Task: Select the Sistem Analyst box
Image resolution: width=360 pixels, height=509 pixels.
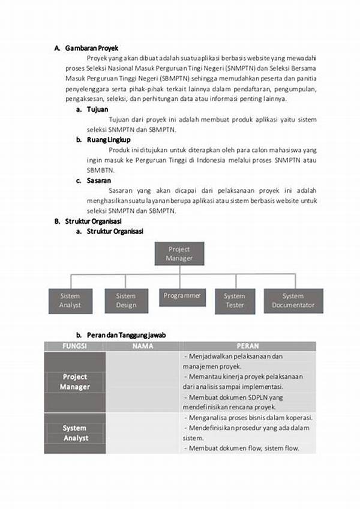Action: pyautogui.click(x=70, y=301)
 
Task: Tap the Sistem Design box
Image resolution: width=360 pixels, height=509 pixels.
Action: pyautogui.click(x=126, y=301)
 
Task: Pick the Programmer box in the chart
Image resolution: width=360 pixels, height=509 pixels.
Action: pyautogui.click(x=182, y=296)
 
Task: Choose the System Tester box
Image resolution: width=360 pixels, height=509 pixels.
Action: pyautogui.click(x=234, y=301)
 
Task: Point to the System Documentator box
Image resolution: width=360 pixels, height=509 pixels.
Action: pyautogui.click(x=293, y=301)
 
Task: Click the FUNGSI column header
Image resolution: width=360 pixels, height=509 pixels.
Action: pyautogui.click(x=74, y=346)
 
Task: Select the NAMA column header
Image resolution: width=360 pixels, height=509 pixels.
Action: pyautogui.click(x=143, y=346)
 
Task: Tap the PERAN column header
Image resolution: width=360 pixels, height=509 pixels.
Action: pyautogui.click(x=248, y=346)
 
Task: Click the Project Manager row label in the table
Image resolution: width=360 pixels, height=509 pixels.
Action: pyautogui.click(x=74, y=382)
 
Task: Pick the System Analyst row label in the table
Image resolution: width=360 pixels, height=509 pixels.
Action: pyautogui.click(x=74, y=433)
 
